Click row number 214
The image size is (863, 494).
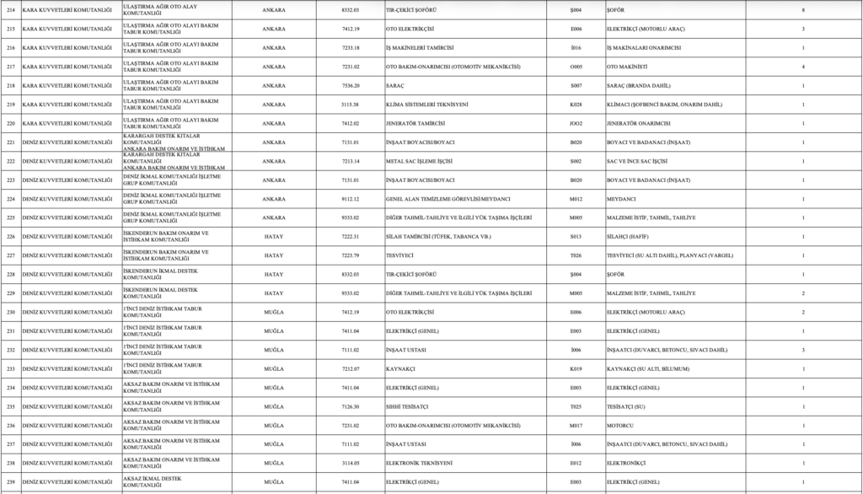[10, 10]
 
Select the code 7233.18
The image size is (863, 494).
[351, 48]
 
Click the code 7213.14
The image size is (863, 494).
[351, 161]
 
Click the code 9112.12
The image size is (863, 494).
[351, 199]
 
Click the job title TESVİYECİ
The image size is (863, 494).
[402, 255]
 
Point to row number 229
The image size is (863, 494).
[10, 293]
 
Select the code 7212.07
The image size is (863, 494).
[351, 368]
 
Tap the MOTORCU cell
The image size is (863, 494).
[621, 425]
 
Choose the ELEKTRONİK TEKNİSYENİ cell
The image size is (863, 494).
[426, 463]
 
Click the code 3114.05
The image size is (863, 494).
[351, 463]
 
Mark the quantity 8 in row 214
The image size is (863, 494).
[802, 10]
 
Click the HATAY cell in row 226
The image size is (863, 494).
[274, 236]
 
